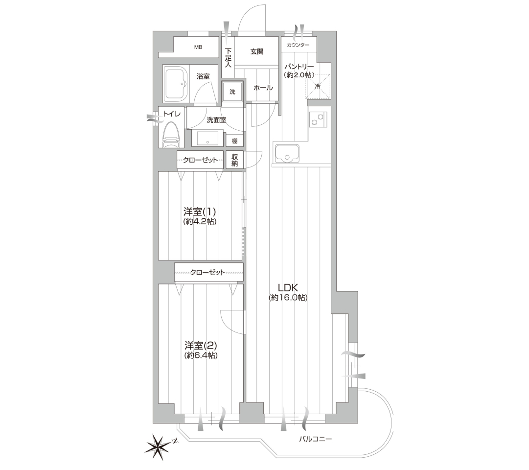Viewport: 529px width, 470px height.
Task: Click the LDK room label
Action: tap(288, 288)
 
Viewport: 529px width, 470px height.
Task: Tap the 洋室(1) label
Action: tap(200, 211)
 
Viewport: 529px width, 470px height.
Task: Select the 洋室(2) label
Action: tap(201, 346)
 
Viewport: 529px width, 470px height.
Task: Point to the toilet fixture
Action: tap(171, 134)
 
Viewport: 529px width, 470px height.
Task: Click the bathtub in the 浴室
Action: tap(175, 83)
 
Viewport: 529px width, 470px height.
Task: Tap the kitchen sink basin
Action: tap(287, 153)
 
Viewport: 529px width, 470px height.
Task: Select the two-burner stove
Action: tap(317, 119)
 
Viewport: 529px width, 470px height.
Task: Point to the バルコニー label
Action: tap(316, 439)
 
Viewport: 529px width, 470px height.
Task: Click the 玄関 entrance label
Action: tap(257, 51)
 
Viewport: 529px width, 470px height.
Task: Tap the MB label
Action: tap(198, 47)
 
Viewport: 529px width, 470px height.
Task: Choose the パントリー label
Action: tap(299, 67)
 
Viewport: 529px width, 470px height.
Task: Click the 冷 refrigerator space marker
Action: tap(318, 86)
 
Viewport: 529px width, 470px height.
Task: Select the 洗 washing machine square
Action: tap(232, 92)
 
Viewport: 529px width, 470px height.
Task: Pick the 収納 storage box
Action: tap(234, 160)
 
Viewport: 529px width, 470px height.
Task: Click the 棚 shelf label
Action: tap(234, 141)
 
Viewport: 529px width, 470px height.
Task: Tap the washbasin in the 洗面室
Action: tap(207, 138)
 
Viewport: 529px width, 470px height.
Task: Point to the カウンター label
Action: tap(298, 45)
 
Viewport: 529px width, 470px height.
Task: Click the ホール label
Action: tap(263, 88)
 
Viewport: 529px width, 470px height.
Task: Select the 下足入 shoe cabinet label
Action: tap(229, 58)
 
